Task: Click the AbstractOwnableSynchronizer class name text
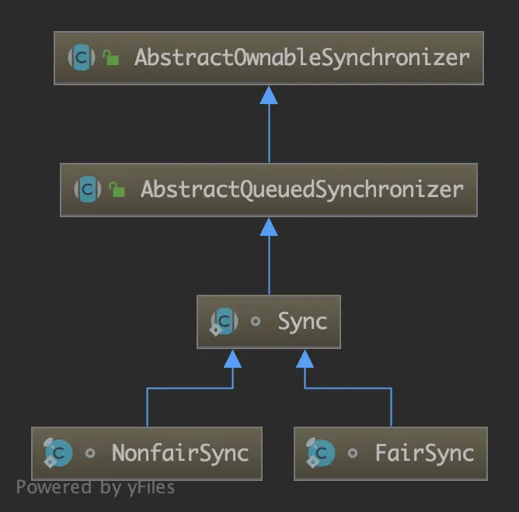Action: (x=301, y=57)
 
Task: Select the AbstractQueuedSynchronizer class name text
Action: (x=301, y=189)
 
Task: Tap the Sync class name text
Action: (x=302, y=321)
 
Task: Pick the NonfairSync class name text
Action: (x=179, y=453)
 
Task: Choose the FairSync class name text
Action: (x=424, y=453)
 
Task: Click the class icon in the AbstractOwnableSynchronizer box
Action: (x=82, y=57)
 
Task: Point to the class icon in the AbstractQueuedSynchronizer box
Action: (x=88, y=189)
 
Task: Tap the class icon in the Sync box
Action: (x=225, y=321)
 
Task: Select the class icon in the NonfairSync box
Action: (x=58, y=453)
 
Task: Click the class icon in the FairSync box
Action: (x=321, y=453)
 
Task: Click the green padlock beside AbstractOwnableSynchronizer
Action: (x=111, y=58)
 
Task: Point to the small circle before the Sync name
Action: (x=256, y=322)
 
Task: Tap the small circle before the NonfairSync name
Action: (x=90, y=454)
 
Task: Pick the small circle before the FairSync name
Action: (x=353, y=454)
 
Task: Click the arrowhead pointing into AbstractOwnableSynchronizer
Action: (x=269, y=95)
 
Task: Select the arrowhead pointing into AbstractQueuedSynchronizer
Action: (x=269, y=227)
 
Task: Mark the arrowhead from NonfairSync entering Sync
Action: (x=232, y=358)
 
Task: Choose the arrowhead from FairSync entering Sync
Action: (x=305, y=358)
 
